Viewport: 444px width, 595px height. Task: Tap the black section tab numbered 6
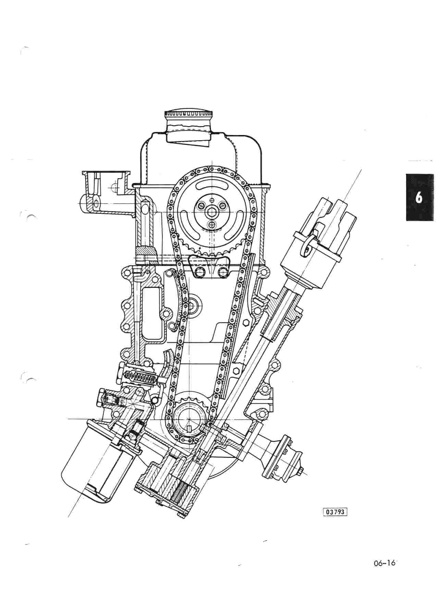coord(419,198)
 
